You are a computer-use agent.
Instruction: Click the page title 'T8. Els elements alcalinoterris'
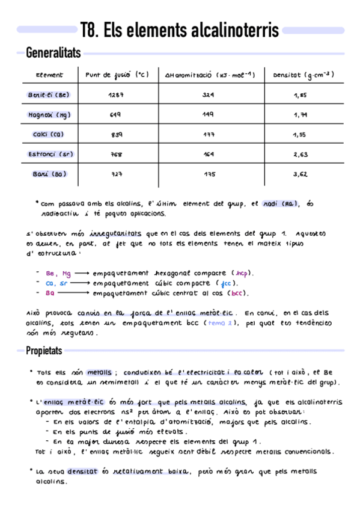(179, 30)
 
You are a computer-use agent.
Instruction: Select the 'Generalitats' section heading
(53, 54)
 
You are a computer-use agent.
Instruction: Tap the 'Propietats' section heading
(46, 351)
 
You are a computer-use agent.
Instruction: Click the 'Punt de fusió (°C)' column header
(117, 75)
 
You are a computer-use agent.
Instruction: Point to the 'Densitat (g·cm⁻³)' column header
(303, 75)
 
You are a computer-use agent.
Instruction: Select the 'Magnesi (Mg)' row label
(50, 115)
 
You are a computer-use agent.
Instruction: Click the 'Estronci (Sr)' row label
(50, 154)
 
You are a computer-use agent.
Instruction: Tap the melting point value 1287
(116, 95)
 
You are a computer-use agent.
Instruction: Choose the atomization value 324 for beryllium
(209, 95)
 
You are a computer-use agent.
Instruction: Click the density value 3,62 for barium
(301, 174)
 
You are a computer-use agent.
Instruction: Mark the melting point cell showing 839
(116, 135)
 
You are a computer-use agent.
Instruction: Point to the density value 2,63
(301, 154)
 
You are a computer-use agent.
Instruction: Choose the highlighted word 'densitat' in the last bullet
(84, 472)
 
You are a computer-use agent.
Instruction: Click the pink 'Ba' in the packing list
(49, 293)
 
